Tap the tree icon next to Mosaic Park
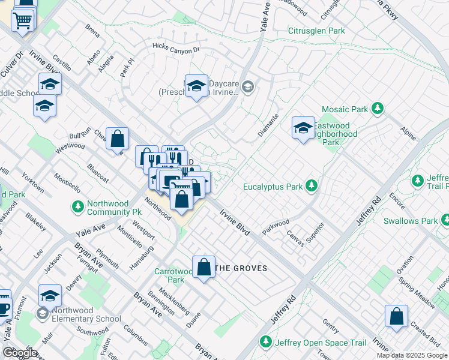[x=378, y=109]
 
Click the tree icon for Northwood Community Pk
[x=77, y=207]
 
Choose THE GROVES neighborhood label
[x=241, y=268]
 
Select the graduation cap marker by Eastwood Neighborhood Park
[x=303, y=127]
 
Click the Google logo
[x=20, y=353]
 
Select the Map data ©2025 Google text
[x=411, y=355]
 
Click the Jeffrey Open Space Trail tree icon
[x=265, y=341]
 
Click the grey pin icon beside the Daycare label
[x=250, y=88]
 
